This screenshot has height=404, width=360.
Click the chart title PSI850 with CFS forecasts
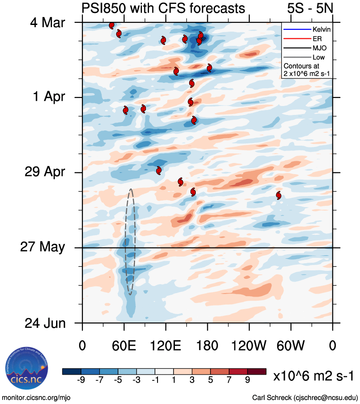click(163, 8)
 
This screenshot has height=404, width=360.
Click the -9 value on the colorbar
click(81, 380)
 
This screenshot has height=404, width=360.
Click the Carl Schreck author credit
click(305, 397)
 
